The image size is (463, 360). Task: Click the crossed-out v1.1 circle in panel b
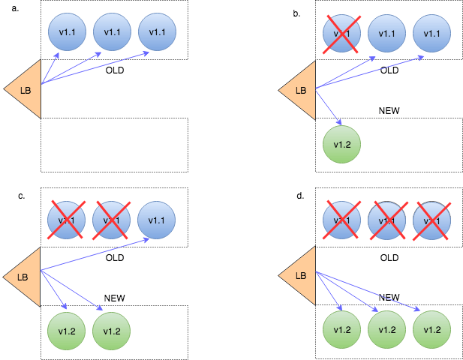click(x=341, y=33)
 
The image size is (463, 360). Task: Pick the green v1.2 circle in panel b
click(x=341, y=145)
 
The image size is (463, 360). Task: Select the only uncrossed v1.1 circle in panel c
click(x=157, y=219)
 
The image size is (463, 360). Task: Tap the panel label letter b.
click(x=297, y=13)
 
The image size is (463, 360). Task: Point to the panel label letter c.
click(x=22, y=196)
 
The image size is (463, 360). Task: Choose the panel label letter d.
click(x=300, y=196)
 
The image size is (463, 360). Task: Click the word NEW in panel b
click(x=389, y=110)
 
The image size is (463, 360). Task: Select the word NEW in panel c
click(x=114, y=298)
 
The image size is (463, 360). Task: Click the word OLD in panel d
click(x=389, y=257)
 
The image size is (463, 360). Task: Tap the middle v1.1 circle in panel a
click(x=112, y=32)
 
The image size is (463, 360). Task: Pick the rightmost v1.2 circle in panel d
click(x=431, y=331)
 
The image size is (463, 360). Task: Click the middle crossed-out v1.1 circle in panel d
click(x=386, y=220)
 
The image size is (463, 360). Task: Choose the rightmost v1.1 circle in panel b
click(x=431, y=33)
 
